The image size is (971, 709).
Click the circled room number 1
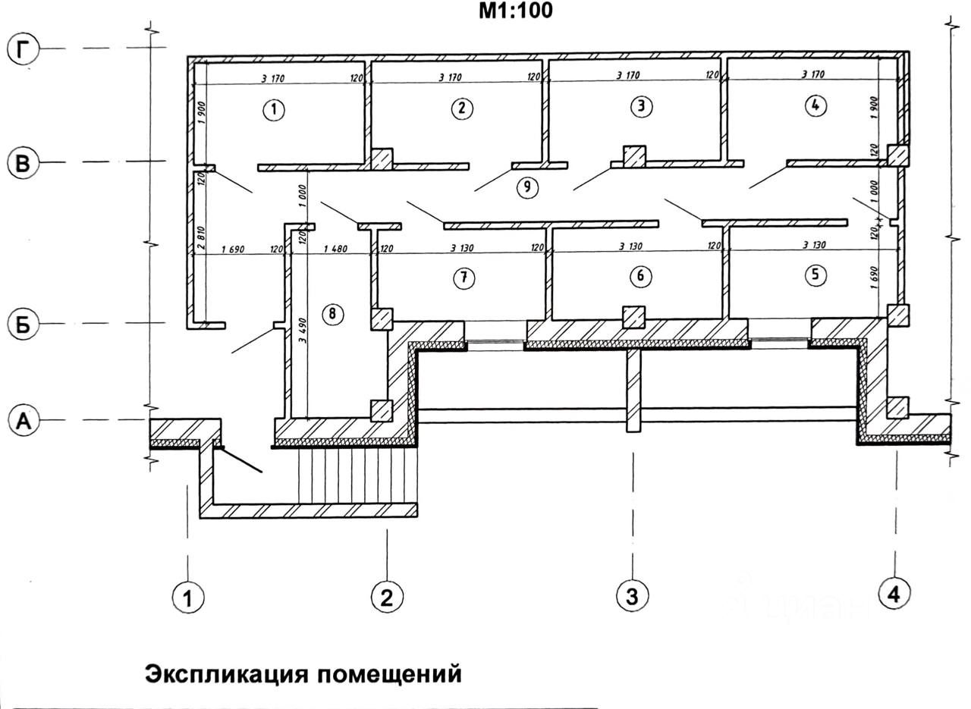tap(274, 111)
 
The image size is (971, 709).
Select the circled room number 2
tap(461, 108)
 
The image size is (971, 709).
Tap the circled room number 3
tap(642, 107)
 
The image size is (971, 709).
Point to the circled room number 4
tap(814, 106)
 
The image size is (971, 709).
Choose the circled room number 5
tap(815, 275)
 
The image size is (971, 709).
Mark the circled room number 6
tap(641, 276)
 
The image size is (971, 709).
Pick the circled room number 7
tap(464, 278)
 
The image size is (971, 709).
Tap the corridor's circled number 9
tap(527, 187)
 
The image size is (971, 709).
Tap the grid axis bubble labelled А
tap(23, 421)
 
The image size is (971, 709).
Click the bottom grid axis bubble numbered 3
tap(631, 596)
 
